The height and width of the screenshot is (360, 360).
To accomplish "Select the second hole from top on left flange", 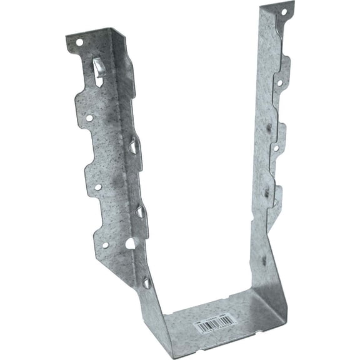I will point(89,117).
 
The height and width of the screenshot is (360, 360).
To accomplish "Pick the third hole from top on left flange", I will point(97,186).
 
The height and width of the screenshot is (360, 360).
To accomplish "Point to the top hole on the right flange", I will point(282,12).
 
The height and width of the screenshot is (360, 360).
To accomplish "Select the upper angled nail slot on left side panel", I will point(134,147).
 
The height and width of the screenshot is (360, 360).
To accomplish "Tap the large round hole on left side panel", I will point(131,242).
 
